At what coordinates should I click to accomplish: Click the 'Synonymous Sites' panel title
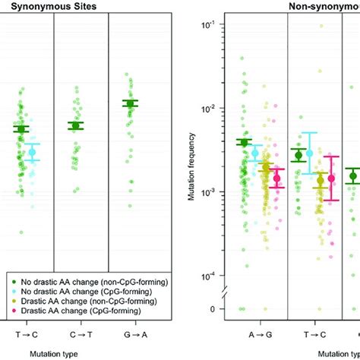click(x=46, y=6)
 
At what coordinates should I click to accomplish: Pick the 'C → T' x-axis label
click(x=81, y=332)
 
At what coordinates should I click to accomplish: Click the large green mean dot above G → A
click(x=130, y=103)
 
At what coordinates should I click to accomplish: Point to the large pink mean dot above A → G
click(x=276, y=178)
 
